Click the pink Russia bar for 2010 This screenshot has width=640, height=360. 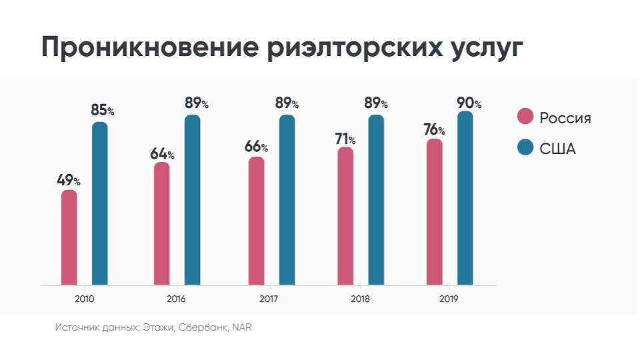pos(69,238)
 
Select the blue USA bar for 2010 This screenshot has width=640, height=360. pos(100,203)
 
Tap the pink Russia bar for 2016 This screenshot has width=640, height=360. pos(162,224)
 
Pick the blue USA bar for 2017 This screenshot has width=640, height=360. pos(287,200)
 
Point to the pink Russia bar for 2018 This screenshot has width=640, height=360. pos(345,217)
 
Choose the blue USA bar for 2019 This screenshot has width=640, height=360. pos(465,199)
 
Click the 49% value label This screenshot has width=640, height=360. pos(68,180)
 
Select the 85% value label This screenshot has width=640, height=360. pos(103,111)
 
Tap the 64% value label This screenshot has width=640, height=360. pos(162,153)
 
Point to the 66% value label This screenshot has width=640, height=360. pos(256,147)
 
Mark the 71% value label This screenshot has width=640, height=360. pos(345,139)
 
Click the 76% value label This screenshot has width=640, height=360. pos(434,129)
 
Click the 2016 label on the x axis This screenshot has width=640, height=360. pos(177,299)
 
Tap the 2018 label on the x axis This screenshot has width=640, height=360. pos(360,299)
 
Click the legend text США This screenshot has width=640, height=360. pos(557,149)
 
